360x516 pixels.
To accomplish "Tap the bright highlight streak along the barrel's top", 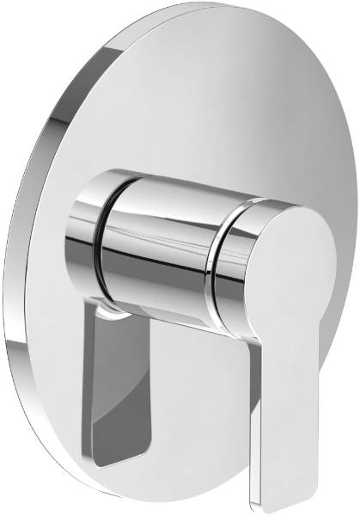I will point(163,185).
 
